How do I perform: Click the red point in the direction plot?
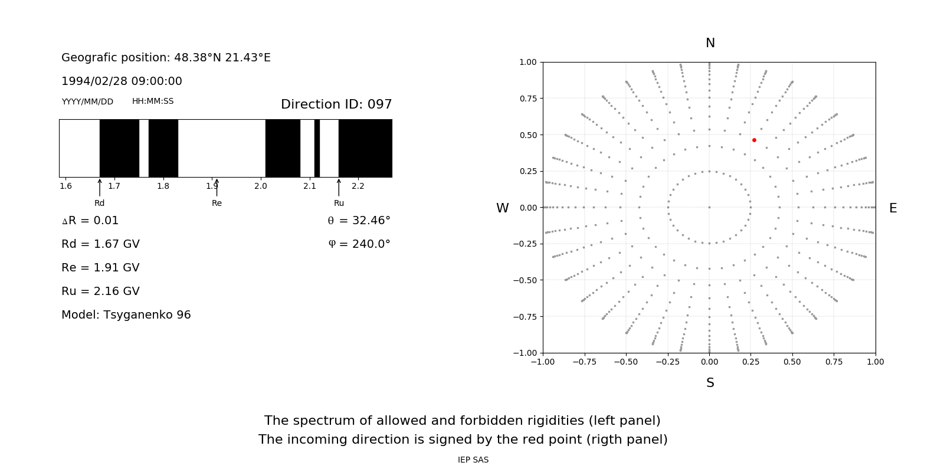[754, 140]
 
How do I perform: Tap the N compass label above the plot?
[710, 43]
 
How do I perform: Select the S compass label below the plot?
[710, 383]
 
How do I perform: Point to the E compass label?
[893, 208]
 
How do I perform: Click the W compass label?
[503, 208]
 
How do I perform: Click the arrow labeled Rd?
[100, 187]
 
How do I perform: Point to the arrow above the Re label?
[217, 187]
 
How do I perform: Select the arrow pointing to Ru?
[339, 187]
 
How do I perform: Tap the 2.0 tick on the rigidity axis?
[261, 186]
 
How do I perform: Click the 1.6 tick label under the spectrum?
[65, 186]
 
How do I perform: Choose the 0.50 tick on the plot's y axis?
[528, 135]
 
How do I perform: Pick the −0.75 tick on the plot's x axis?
[584, 362]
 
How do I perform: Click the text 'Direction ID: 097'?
[336, 104]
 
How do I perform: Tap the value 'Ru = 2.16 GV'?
[100, 291]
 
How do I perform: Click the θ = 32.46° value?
[359, 221]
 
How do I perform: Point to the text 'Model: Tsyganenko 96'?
[126, 315]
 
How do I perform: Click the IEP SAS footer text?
[473, 460]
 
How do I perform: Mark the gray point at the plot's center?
[709, 207]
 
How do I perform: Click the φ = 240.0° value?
[359, 244]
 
